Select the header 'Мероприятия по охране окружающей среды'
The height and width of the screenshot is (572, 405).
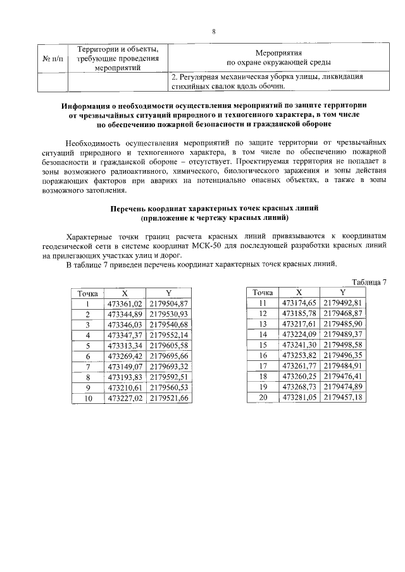coord(279,58)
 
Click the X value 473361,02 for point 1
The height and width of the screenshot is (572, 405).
coord(125,304)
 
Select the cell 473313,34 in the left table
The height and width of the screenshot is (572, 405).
coord(125,345)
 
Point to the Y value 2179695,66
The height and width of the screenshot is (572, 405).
coord(168,356)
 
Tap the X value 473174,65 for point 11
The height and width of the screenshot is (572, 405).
coord(299,303)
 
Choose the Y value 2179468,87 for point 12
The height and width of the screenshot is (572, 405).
coord(342,313)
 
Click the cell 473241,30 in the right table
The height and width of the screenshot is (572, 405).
coord(299,345)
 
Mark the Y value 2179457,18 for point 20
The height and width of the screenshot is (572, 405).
coord(342,397)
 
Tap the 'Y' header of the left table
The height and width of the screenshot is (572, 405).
coord(168,293)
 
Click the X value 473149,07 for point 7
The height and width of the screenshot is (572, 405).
coord(125,366)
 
